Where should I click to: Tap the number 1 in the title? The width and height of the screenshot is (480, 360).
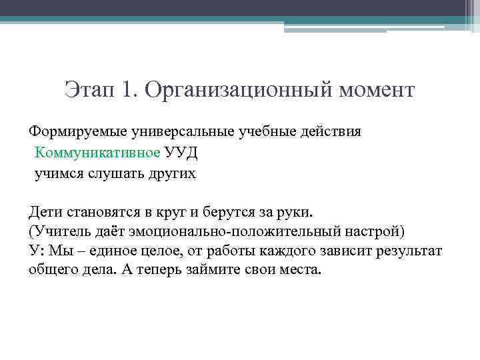point(127,89)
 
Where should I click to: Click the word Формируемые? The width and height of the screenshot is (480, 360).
point(73,131)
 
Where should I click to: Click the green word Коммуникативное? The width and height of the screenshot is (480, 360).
point(98,153)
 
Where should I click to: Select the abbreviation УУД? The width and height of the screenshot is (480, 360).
point(181,153)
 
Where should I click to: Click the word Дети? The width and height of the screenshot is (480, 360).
point(46,212)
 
